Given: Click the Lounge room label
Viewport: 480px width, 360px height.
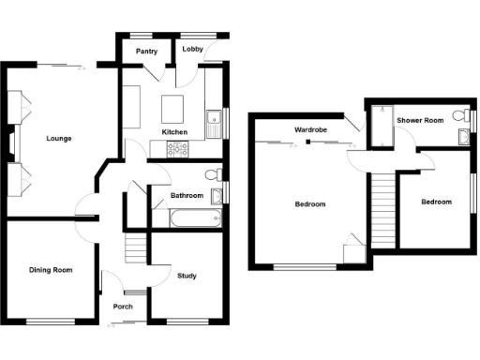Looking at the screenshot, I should click(x=59, y=139).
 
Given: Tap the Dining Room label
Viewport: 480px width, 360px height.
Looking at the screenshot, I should click(x=51, y=270).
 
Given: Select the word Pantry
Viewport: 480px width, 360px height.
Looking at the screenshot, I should click(x=146, y=52).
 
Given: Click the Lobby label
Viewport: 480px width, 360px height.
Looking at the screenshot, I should click(x=193, y=50).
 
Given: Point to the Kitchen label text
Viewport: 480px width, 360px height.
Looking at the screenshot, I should click(x=175, y=132).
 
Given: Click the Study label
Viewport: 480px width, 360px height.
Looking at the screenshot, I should click(x=187, y=276).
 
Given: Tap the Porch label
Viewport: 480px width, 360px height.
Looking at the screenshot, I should click(x=123, y=307).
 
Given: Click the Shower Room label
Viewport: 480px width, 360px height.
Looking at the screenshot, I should click(x=419, y=121).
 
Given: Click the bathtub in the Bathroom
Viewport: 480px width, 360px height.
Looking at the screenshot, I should click(x=195, y=218).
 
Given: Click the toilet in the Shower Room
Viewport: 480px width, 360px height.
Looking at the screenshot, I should click(x=459, y=116).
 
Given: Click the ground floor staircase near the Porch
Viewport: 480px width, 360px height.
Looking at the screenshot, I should click(x=136, y=247).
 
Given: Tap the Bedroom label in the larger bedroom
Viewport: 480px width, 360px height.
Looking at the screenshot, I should click(x=309, y=203).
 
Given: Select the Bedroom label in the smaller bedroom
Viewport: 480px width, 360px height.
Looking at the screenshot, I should click(x=435, y=202).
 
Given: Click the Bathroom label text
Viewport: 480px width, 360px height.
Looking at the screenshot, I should click(x=187, y=196).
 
